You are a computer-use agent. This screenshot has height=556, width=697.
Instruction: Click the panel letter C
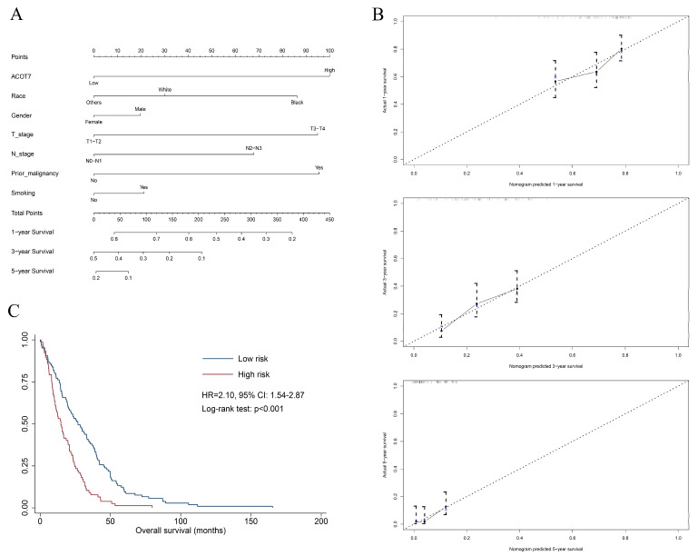pos(12,309)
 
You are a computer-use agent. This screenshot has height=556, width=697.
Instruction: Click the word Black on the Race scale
pos(297,103)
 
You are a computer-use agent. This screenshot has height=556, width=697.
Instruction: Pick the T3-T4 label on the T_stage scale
pos(317,128)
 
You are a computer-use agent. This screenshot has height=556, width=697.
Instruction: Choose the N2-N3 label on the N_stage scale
pos(253,148)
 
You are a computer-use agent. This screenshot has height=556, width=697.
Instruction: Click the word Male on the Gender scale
pos(141,109)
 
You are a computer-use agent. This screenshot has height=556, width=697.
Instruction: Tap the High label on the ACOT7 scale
pos(329,70)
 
